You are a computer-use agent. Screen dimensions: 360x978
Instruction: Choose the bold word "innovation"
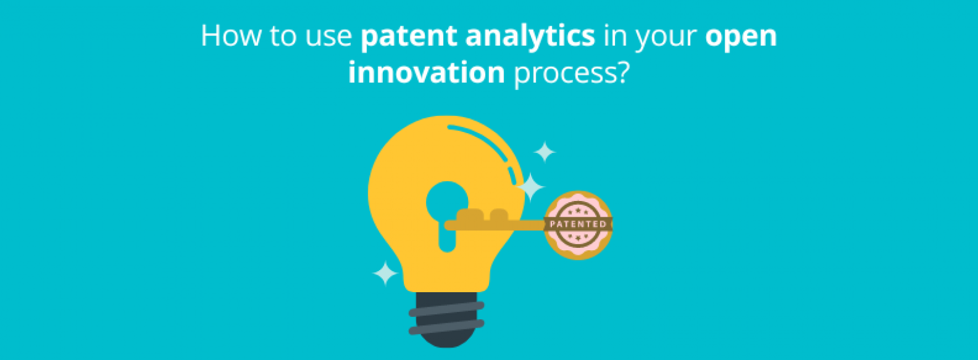[x=426, y=73]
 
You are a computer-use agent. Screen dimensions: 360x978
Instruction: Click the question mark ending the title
[x=622, y=73]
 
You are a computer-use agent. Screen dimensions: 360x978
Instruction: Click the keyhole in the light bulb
[x=447, y=210]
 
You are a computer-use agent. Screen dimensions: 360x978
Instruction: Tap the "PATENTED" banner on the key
[x=578, y=224]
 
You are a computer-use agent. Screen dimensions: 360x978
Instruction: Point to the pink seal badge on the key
[x=578, y=210]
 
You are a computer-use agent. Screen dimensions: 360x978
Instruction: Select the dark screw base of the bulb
[x=446, y=318]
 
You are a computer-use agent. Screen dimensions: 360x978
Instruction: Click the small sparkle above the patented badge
[x=544, y=152]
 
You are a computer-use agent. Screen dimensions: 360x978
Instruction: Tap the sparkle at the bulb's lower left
[x=385, y=274]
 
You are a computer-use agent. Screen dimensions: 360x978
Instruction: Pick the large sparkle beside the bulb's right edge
[x=530, y=187]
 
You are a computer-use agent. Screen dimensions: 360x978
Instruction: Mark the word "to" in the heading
[x=282, y=37]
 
